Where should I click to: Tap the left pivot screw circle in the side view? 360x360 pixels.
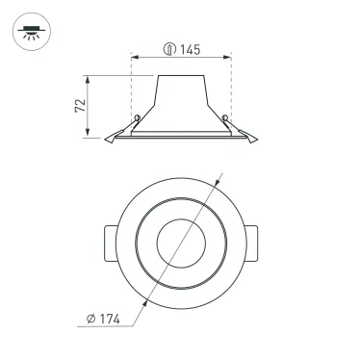click(138, 119)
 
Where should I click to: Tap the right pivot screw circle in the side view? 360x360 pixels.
click(226, 119)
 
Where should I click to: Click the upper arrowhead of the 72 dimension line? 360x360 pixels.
click(91, 78)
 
